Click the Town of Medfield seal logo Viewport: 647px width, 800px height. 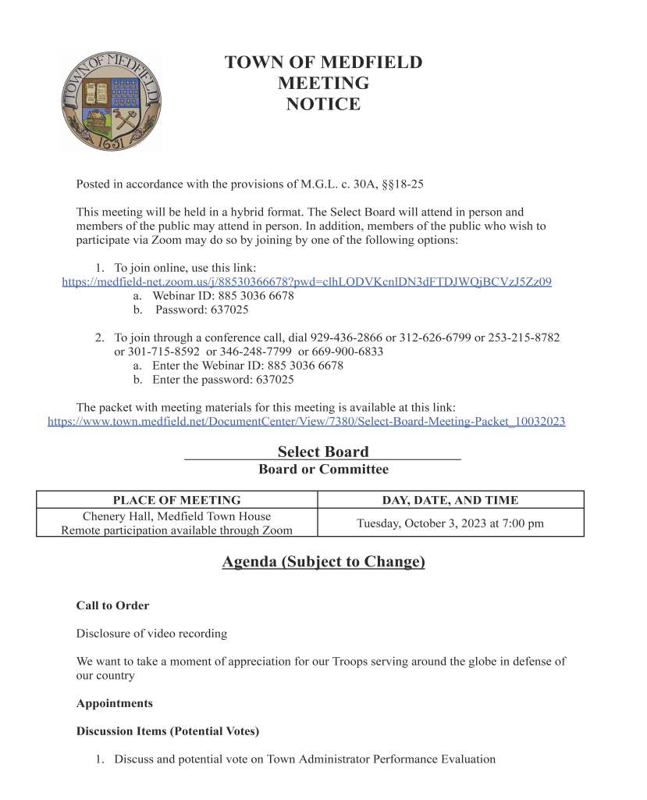point(111,102)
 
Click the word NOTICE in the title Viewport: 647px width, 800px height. point(323,104)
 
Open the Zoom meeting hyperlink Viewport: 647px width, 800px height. point(307,281)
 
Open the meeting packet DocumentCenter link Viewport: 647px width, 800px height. point(307,421)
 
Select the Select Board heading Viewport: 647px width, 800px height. point(323,452)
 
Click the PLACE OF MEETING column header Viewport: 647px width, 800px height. point(176,500)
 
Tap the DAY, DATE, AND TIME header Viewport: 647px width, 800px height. point(450,500)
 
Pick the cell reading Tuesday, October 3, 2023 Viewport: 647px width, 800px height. point(450,523)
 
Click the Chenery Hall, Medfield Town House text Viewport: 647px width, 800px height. point(176,516)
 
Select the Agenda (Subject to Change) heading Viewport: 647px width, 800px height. point(323,562)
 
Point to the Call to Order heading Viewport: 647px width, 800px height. point(112,605)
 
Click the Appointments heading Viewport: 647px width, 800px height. point(114,703)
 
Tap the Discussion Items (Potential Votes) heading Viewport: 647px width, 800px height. point(167,731)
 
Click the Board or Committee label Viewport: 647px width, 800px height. point(323,470)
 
